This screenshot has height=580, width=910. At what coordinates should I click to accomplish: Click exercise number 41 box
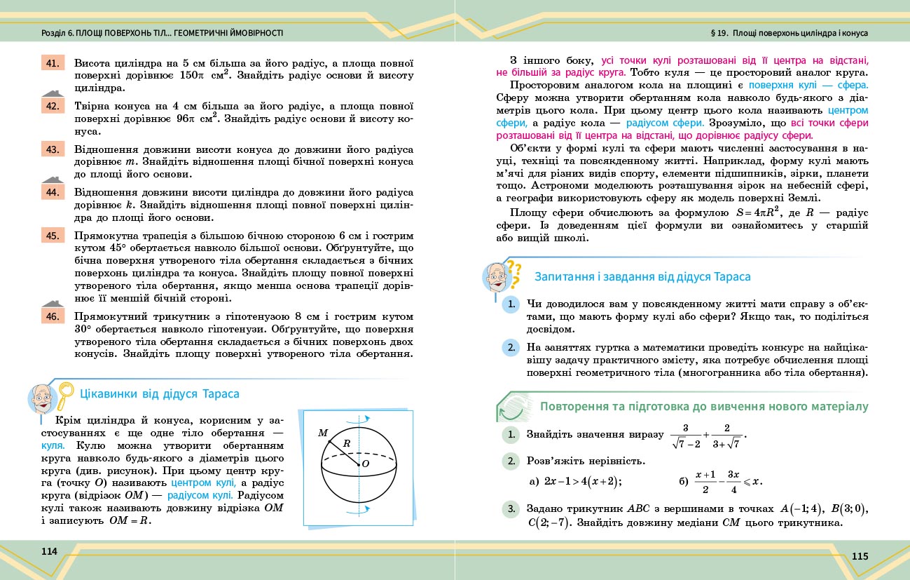[x=52, y=63]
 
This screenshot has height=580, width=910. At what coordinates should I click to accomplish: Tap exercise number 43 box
[x=52, y=149]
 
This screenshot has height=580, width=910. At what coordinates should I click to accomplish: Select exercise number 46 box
[x=52, y=316]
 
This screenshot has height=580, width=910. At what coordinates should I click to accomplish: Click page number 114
[x=49, y=551]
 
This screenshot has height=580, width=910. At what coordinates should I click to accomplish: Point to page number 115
[x=860, y=556]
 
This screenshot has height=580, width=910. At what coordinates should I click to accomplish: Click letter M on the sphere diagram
[x=323, y=433]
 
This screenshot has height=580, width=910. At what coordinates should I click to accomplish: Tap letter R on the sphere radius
[x=346, y=443]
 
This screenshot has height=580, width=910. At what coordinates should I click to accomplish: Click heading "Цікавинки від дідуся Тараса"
[x=160, y=394]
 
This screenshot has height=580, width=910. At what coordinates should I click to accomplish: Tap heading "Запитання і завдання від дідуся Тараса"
[x=642, y=277]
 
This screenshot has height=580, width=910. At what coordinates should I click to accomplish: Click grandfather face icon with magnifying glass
[x=46, y=398]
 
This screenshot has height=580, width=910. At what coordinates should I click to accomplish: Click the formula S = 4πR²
[x=648, y=213]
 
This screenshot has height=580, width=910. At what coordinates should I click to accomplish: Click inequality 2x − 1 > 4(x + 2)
[x=575, y=481]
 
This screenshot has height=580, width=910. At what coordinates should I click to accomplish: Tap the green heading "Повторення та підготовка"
[x=704, y=407]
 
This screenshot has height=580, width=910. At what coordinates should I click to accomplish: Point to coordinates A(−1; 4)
[x=799, y=509]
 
